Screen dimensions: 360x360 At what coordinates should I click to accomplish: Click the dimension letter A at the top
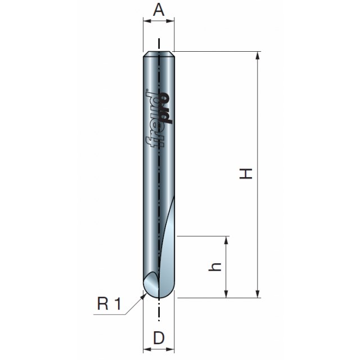pyautogui.click(x=159, y=10)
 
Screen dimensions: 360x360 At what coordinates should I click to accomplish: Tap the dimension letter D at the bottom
pyautogui.click(x=159, y=337)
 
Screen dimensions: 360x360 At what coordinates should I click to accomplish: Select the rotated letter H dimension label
pyautogui.click(x=246, y=174)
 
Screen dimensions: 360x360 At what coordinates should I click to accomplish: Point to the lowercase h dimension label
pyautogui.click(x=215, y=267)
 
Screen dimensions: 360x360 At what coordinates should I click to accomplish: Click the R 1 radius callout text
pyautogui.click(x=109, y=304)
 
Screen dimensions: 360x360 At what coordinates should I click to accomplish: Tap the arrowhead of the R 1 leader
pyautogui.click(x=144, y=296)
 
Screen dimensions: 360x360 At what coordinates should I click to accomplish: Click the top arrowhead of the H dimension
pyautogui.click(x=258, y=56)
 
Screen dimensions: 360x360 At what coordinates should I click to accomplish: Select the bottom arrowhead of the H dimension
pyautogui.click(x=258, y=294)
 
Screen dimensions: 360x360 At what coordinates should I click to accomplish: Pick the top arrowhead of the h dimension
pyautogui.click(x=226, y=240)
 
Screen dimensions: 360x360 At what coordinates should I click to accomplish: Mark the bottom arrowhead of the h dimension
pyautogui.click(x=226, y=294)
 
